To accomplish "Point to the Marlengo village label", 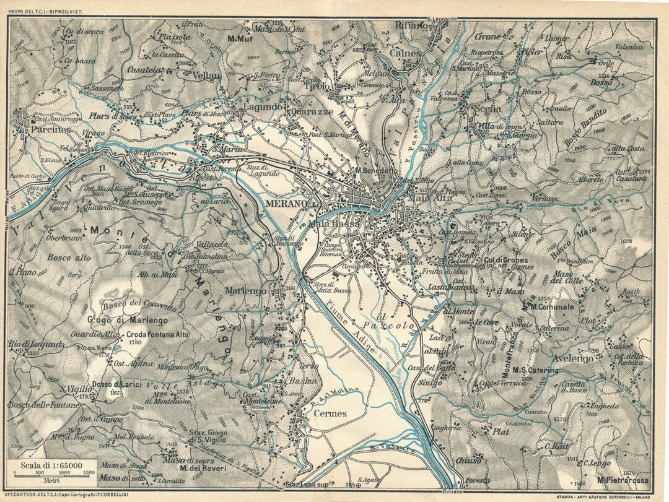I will click(246, 291).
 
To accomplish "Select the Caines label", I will click(406, 54).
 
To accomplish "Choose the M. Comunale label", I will click(552, 306).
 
